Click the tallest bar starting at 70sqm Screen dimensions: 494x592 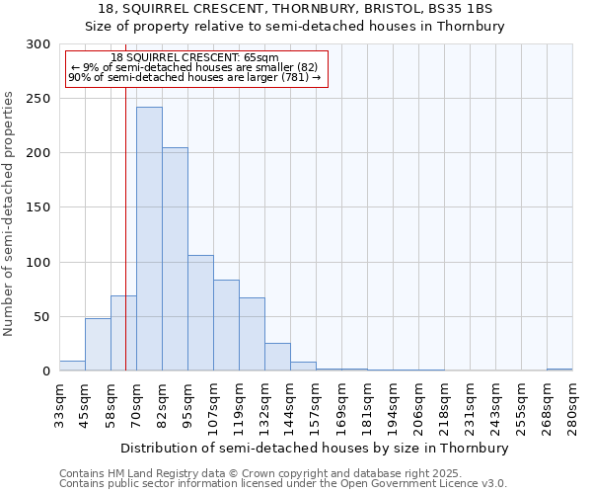click(149, 239)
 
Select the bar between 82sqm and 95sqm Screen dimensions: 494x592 click(175, 259)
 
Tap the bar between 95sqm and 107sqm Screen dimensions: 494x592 click(200, 313)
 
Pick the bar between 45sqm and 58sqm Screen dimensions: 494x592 click(98, 345)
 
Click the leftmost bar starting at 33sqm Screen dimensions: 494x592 click(72, 366)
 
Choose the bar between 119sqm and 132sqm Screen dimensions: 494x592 click(252, 334)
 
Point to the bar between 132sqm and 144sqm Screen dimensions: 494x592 click(277, 357)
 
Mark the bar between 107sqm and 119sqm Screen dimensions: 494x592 click(226, 325)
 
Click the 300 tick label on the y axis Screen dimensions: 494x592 click(38, 44)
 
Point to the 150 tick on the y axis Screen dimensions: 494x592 click(38, 207)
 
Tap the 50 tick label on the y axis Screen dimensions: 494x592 click(42, 317)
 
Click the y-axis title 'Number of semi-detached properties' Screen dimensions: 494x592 click(10, 213)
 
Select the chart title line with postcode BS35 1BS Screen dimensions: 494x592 click(295, 8)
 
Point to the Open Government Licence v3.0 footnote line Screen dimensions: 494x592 click(282, 484)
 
